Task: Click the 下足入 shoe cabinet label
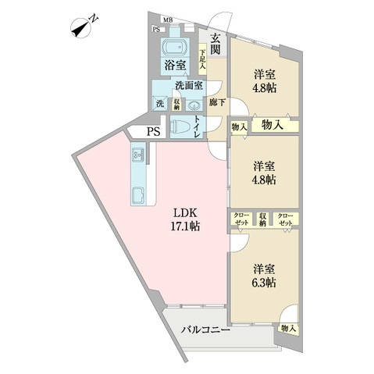pos(202,59)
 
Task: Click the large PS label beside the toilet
pos(152,133)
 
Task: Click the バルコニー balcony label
pos(205,329)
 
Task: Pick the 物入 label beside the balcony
pos(288,329)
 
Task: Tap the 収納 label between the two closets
pos(264,219)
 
